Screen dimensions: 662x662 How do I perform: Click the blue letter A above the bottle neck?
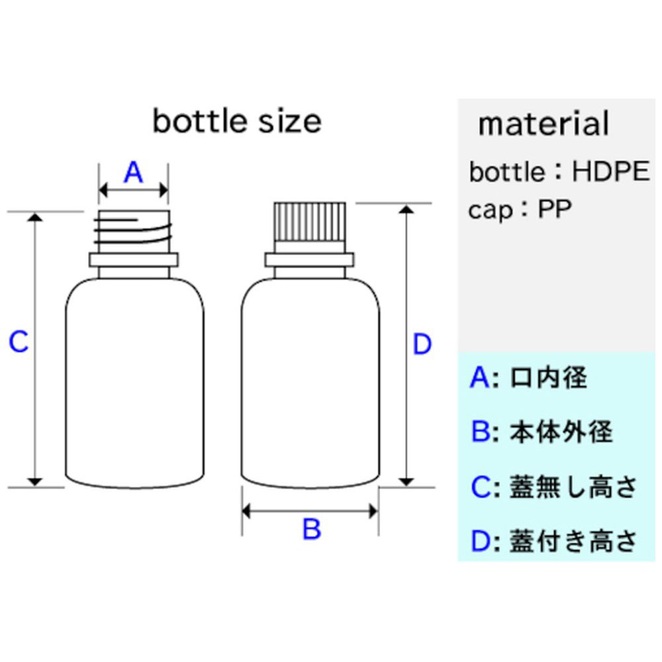[x=133, y=173]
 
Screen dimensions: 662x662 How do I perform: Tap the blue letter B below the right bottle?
[x=311, y=530]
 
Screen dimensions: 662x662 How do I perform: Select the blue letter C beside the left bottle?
[x=19, y=343]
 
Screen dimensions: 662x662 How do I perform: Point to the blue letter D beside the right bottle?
[x=422, y=345]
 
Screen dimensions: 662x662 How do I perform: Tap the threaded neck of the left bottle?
[x=133, y=232]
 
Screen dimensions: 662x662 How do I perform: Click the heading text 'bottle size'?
[x=237, y=122]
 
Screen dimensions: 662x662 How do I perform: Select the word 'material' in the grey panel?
[x=543, y=124]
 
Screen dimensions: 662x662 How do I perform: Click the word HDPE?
[x=610, y=172]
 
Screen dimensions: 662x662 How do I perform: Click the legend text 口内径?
[x=549, y=378]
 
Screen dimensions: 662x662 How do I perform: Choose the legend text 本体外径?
[x=561, y=432]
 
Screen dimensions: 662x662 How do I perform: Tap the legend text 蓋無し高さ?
[x=573, y=487]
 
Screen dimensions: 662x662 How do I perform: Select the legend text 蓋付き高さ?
[x=573, y=541]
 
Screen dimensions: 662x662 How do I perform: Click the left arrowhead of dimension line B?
[x=247, y=511]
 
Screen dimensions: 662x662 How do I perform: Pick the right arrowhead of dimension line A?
[x=163, y=192]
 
